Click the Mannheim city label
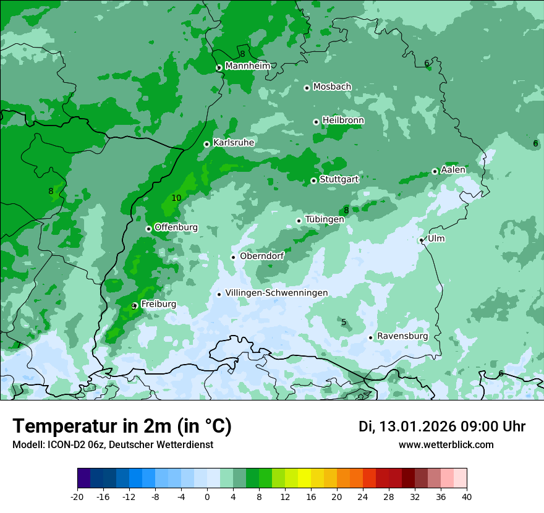pyautogui.click(x=247, y=66)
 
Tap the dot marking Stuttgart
pyautogui.click(x=313, y=180)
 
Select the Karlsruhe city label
pyautogui.click(x=234, y=143)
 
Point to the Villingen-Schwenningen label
pyautogui.click(x=276, y=293)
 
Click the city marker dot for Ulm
pyautogui.click(x=421, y=240)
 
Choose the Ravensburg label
pyautogui.click(x=402, y=336)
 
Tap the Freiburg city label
pyautogui.click(x=158, y=304)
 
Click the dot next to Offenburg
pyautogui.click(x=148, y=229)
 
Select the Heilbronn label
pyautogui.click(x=343, y=121)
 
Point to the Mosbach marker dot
pyautogui.click(x=307, y=88)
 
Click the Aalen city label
pyautogui.click(x=453, y=170)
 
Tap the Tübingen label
pyautogui.click(x=325, y=219)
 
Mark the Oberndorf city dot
pyautogui.click(x=233, y=257)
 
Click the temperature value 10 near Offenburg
pyautogui.click(x=176, y=198)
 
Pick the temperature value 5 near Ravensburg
pyautogui.click(x=344, y=322)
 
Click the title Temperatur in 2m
pyautogui.click(x=122, y=426)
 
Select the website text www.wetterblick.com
pyautogui.click(x=446, y=445)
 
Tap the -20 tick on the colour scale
pyautogui.click(x=77, y=497)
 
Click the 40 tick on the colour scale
pyautogui.click(x=467, y=497)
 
